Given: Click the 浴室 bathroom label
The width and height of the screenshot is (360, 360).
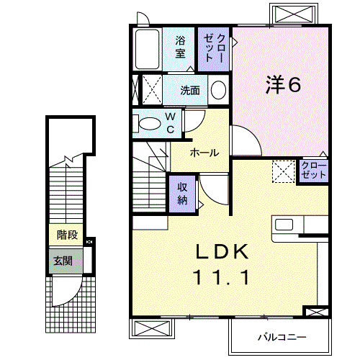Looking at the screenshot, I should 179,47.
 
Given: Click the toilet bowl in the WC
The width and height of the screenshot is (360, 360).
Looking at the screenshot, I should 149,124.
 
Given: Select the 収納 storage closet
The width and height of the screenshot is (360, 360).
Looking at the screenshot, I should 183,192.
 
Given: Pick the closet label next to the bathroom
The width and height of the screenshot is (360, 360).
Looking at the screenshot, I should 215,48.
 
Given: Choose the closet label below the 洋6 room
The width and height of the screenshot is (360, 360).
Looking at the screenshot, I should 315,171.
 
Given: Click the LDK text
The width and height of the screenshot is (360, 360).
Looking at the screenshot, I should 222,251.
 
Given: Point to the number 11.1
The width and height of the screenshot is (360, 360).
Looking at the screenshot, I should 222,277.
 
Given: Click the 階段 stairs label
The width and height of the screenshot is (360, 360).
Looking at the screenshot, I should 67,235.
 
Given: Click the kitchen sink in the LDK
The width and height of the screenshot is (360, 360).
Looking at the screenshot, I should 284,225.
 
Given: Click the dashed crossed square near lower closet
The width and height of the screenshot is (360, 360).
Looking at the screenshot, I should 283,171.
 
